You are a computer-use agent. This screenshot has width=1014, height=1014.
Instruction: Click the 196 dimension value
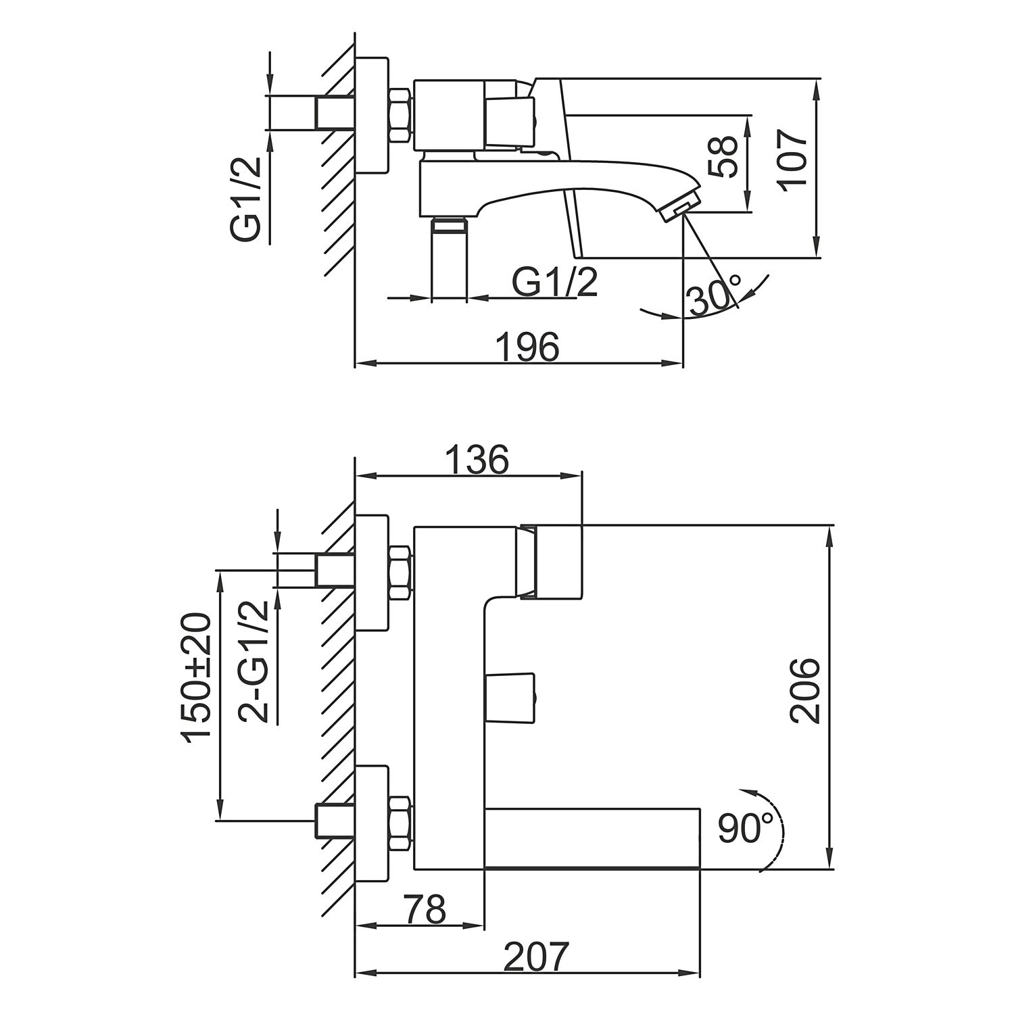click(x=528, y=347)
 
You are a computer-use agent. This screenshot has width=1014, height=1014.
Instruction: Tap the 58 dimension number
click(x=724, y=157)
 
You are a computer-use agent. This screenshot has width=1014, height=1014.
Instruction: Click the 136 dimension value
click(x=477, y=460)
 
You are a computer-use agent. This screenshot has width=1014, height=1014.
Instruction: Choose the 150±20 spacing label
click(x=197, y=678)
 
